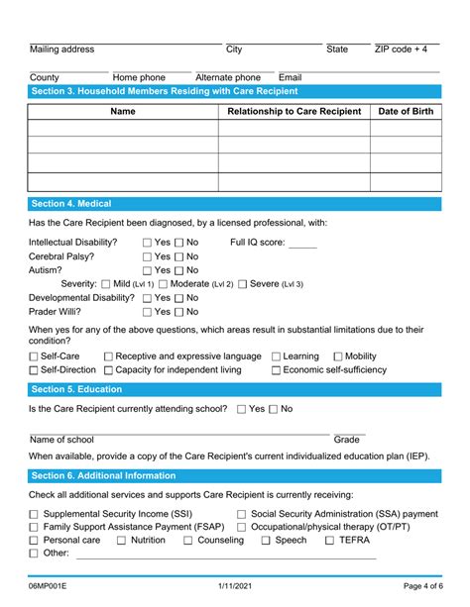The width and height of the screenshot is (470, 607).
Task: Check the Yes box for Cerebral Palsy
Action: [x=148, y=256]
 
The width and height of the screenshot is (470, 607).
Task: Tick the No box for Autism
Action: [x=180, y=270]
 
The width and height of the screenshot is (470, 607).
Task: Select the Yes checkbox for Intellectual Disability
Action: [x=148, y=243]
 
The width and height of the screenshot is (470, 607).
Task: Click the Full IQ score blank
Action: [x=302, y=244]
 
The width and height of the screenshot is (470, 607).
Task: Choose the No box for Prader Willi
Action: [x=180, y=312]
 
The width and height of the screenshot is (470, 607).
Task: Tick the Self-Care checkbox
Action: [x=34, y=356]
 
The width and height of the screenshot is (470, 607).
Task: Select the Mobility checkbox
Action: [x=338, y=356]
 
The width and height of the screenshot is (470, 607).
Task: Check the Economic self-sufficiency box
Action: [x=277, y=370]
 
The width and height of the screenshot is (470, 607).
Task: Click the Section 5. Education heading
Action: [x=76, y=389]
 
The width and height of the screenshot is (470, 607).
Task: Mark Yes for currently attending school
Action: [x=242, y=409]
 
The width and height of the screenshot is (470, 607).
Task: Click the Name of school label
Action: [x=61, y=440]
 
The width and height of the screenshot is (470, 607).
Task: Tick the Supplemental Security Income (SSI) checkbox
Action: [x=34, y=515]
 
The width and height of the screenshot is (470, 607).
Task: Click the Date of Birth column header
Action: [x=406, y=112]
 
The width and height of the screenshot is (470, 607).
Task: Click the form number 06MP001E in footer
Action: [x=52, y=587]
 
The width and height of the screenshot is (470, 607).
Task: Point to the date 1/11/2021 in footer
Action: [x=235, y=587]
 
